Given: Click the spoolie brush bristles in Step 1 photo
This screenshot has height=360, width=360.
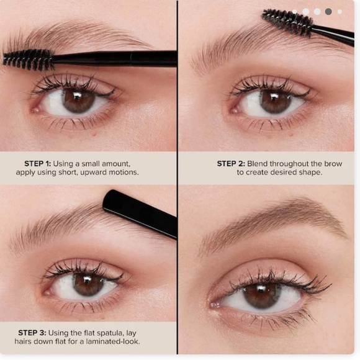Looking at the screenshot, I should (28, 60).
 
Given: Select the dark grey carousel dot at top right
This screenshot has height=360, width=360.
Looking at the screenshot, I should (328, 11).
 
